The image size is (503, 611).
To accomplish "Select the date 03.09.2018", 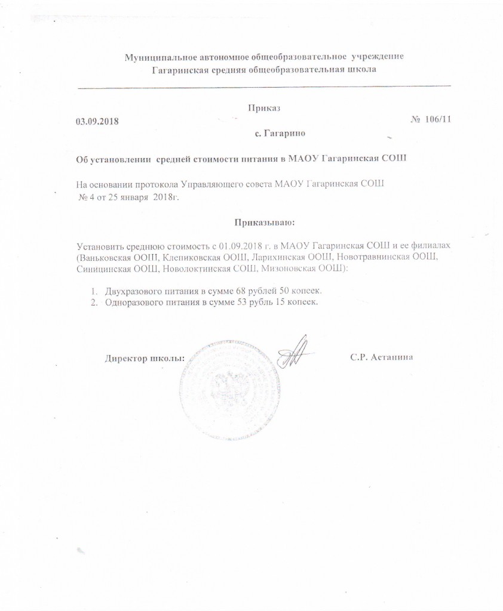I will tap(97, 121).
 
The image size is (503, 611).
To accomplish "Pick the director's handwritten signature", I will tap(295, 352).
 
